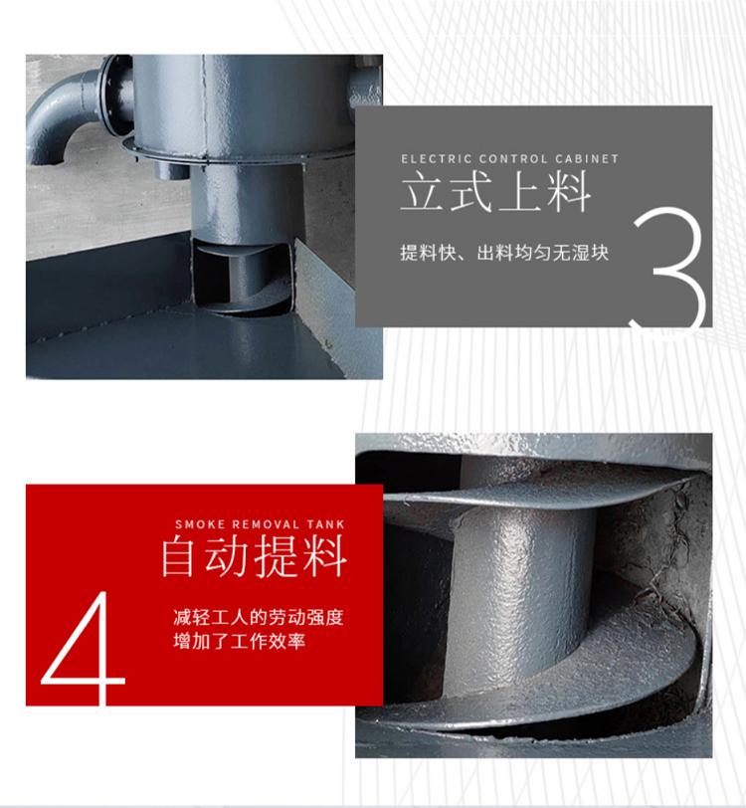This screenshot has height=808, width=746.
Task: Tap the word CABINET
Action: pyautogui.click(x=587, y=159)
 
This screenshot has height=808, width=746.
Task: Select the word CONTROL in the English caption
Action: pyautogui.click(x=513, y=159)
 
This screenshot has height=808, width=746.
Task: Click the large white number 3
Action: pyautogui.click(x=669, y=268)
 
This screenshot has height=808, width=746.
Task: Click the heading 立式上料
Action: pyautogui.click(x=495, y=192)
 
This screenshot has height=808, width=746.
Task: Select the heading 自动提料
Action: pyautogui.click(x=254, y=556)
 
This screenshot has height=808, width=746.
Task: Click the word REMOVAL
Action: pyautogui.click(x=266, y=524)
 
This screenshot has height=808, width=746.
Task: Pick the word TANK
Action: pyautogui.click(x=325, y=524)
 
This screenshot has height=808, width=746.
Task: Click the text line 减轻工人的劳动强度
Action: pyautogui.click(x=258, y=617)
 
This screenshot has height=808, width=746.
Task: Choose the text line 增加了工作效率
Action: pyautogui.click(x=239, y=641)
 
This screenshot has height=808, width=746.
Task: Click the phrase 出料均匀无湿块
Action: pyautogui.click(x=543, y=253)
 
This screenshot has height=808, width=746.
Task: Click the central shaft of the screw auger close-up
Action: pyautogui.click(x=520, y=582)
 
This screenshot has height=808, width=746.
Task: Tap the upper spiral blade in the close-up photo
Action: pyautogui.click(x=536, y=491)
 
